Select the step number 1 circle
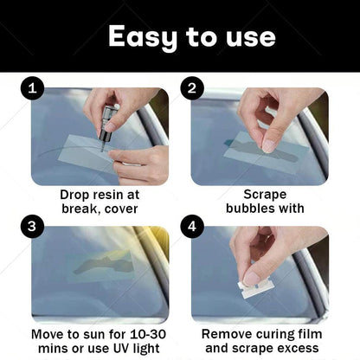pos(32,87)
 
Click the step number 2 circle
pos(192,87)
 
